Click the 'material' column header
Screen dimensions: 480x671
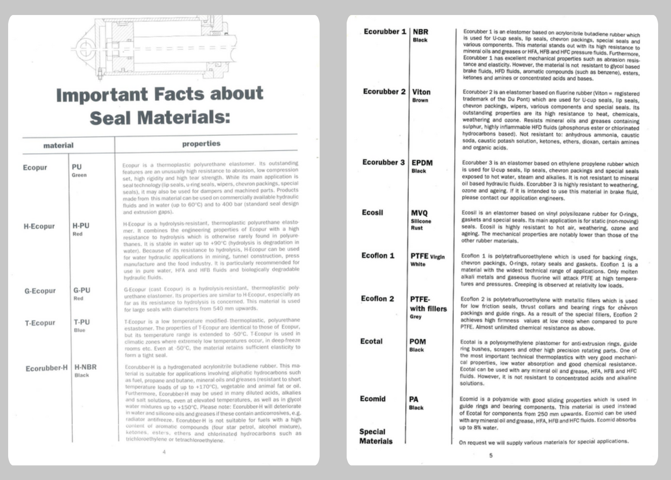58,146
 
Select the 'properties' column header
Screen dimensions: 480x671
201,144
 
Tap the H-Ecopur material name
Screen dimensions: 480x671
39,226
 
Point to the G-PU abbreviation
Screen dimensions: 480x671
82,290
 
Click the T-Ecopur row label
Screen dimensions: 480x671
40,323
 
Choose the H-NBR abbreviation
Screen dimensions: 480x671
85,367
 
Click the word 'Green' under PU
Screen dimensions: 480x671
79,175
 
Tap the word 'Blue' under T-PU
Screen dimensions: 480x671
79,330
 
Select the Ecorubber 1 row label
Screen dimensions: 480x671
384,32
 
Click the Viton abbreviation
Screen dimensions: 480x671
421,92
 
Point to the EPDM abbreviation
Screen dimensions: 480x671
422,163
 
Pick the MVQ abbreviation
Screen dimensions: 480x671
419,213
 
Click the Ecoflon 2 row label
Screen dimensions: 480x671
377,299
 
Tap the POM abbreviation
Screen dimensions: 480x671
417,342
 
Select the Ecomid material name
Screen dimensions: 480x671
372,399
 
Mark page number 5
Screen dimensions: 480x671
491,456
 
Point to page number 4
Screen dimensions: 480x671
164,452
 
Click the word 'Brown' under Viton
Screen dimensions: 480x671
420,100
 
